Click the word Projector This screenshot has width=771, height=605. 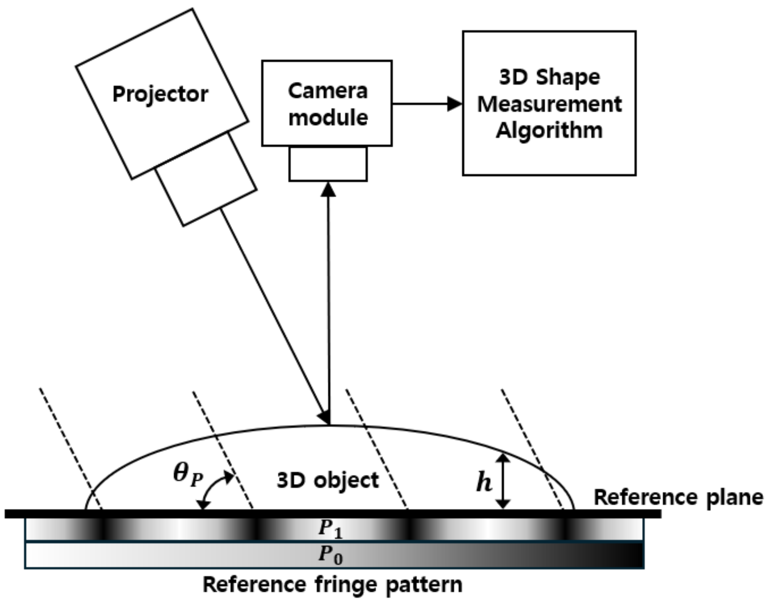(160, 94)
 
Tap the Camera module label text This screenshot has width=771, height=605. (328, 104)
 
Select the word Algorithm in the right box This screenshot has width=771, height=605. (549, 131)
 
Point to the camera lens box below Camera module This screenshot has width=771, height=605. (328, 164)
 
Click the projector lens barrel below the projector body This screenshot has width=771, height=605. (206, 179)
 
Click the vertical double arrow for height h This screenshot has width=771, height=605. (503, 481)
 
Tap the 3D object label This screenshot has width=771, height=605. (328, 481)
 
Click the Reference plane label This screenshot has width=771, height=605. (678, 497)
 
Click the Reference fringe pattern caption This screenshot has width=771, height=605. (332, 585)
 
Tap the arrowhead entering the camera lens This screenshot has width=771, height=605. (329, 190)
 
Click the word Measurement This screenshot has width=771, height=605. (549, 104)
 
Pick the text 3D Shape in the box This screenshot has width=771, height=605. (549, 77)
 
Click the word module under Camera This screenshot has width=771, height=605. (328, 118)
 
